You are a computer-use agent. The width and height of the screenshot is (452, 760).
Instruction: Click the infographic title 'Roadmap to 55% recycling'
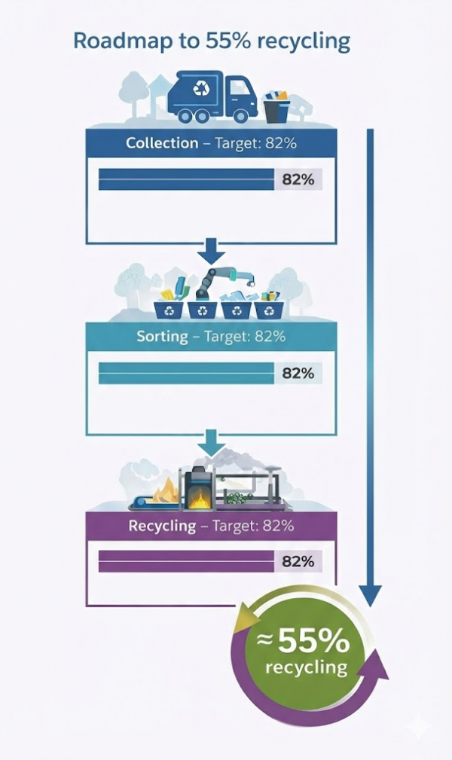tap(212, 41)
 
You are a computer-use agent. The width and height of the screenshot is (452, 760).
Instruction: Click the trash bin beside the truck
tap(276, 106)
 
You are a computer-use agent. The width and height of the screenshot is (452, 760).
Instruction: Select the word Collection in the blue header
tap(162, 143)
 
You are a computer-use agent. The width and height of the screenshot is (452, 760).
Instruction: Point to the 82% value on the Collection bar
tap(298, 179)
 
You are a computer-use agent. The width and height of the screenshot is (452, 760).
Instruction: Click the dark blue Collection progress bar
tap(186, 179)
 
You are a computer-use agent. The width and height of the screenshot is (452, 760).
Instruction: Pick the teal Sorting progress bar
tap(186, 373)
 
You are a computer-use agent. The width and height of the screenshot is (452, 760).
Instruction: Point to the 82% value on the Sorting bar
tap(298, 373)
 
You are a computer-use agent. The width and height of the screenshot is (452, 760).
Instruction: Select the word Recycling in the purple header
tap(162, 526)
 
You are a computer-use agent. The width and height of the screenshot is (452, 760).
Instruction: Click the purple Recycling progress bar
tap(186, 561)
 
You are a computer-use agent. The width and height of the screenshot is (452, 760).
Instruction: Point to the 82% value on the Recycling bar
tap(298, 561)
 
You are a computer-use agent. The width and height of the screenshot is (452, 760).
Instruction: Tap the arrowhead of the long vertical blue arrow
tap(370, 595)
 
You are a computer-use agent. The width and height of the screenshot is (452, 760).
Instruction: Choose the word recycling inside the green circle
tap(307, 667)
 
